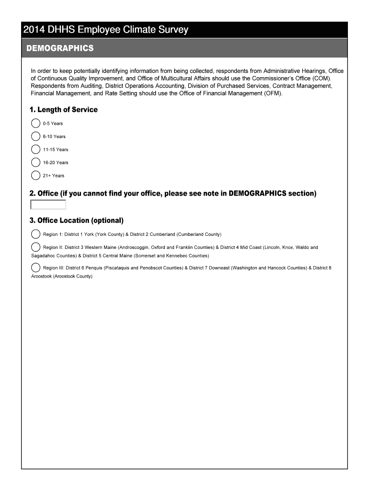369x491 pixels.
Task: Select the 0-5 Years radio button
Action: (x=35, y=123)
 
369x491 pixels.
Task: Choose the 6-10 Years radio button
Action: (x=35, y=136)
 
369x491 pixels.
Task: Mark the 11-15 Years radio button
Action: (x=35, y=149)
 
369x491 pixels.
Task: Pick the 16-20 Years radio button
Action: (x=35, y=162)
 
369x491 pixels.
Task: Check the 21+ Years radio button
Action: (x=35, y=175)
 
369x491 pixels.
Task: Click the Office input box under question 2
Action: (x=48, y=205)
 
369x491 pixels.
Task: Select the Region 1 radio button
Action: (x=35, y=234)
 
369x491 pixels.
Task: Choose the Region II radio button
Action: (x=35, y=247)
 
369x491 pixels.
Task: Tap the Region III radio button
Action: (x=35, y=267)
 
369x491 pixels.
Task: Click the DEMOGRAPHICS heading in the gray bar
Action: (x=60, y=48)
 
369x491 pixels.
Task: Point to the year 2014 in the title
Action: (x=34, y=30)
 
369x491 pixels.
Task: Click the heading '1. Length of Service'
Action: (x=63, y=110)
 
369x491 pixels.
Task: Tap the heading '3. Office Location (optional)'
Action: (x=77, y=221)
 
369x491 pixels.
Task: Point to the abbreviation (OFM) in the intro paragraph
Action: (x=272, y=93)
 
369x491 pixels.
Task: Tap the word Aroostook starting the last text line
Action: (x=41, y=276)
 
